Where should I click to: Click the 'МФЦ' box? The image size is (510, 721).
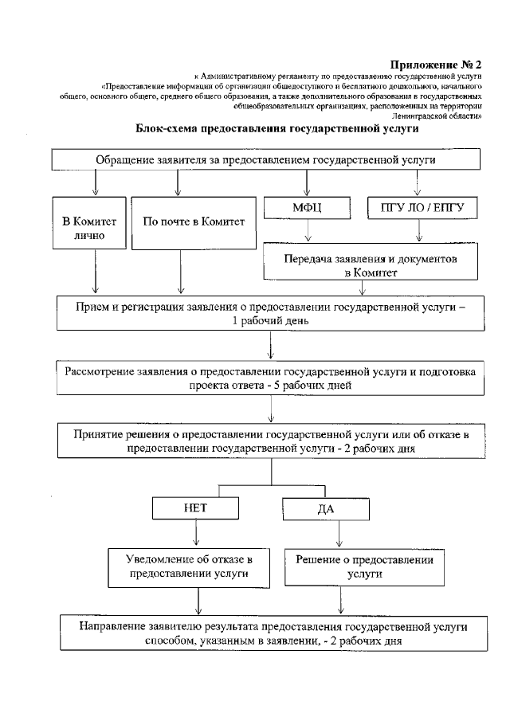click(x=308, y=210)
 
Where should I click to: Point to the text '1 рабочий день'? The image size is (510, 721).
click(x=272, y=319)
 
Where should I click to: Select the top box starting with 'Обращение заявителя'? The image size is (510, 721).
click(x=267, y=159)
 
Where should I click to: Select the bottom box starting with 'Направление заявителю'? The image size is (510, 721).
click(x=272, y=633)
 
